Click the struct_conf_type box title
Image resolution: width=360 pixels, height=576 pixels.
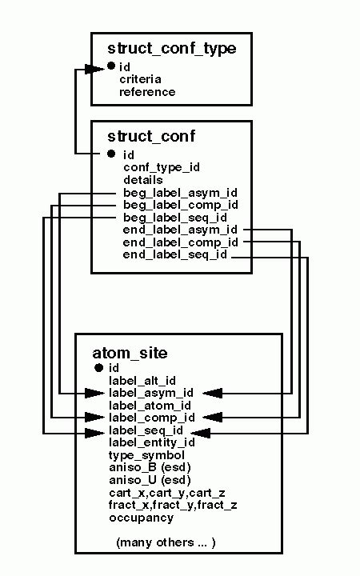(x=171, y=49)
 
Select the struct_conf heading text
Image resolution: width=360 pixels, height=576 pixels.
(x=151, y=137)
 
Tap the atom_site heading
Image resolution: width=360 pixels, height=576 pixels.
(x=130, y=352)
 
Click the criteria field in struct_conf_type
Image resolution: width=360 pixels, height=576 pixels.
(x=140, y=79)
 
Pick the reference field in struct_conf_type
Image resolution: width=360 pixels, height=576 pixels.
(x=147, y=92)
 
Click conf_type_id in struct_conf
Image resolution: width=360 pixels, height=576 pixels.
(x=161, y=167)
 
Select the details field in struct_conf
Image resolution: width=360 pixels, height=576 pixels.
(x=142, y=180)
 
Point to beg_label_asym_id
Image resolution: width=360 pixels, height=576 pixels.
(x=180, y=193)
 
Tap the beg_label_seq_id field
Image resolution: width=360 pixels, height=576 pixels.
(x=174, y=217)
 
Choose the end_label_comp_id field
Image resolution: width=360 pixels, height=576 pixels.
(x=181, y=242)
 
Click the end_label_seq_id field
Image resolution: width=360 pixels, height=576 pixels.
(x=175, y=254)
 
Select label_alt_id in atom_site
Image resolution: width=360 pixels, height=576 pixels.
(x=142, y=380)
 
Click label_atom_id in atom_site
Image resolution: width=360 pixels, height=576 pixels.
(x=150, y=405)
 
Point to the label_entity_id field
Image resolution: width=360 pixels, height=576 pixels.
(x=151, y=442)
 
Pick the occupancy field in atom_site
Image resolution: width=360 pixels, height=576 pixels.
(x=141, y=518)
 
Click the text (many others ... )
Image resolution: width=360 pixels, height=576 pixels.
(x=166, y=542)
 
